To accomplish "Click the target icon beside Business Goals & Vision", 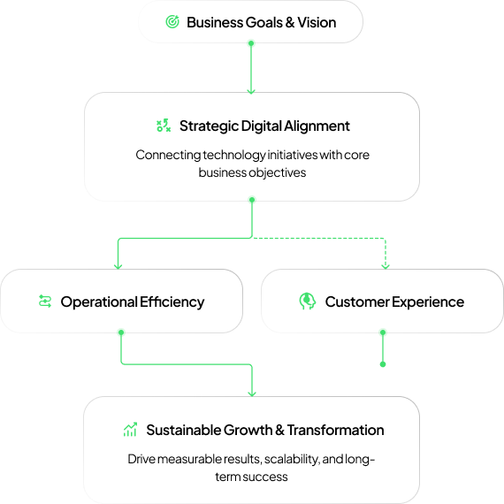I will point(172,22).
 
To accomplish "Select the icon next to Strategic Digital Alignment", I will point(163,126).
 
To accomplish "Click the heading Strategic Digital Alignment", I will point(264,126).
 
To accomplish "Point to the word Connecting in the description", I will point(167,155).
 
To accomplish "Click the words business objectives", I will point(252,172).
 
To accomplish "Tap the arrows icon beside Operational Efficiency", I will point(45,302).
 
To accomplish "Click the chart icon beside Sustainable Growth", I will point(130,430).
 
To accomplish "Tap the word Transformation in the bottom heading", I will point(336,430).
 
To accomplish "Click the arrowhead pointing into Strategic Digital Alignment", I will point(251,89).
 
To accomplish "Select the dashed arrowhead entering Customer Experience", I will point(384,264).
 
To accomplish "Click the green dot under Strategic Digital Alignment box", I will point(251,201).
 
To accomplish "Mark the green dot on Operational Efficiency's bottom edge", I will point(121,333).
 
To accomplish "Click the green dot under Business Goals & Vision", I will point(251,43).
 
